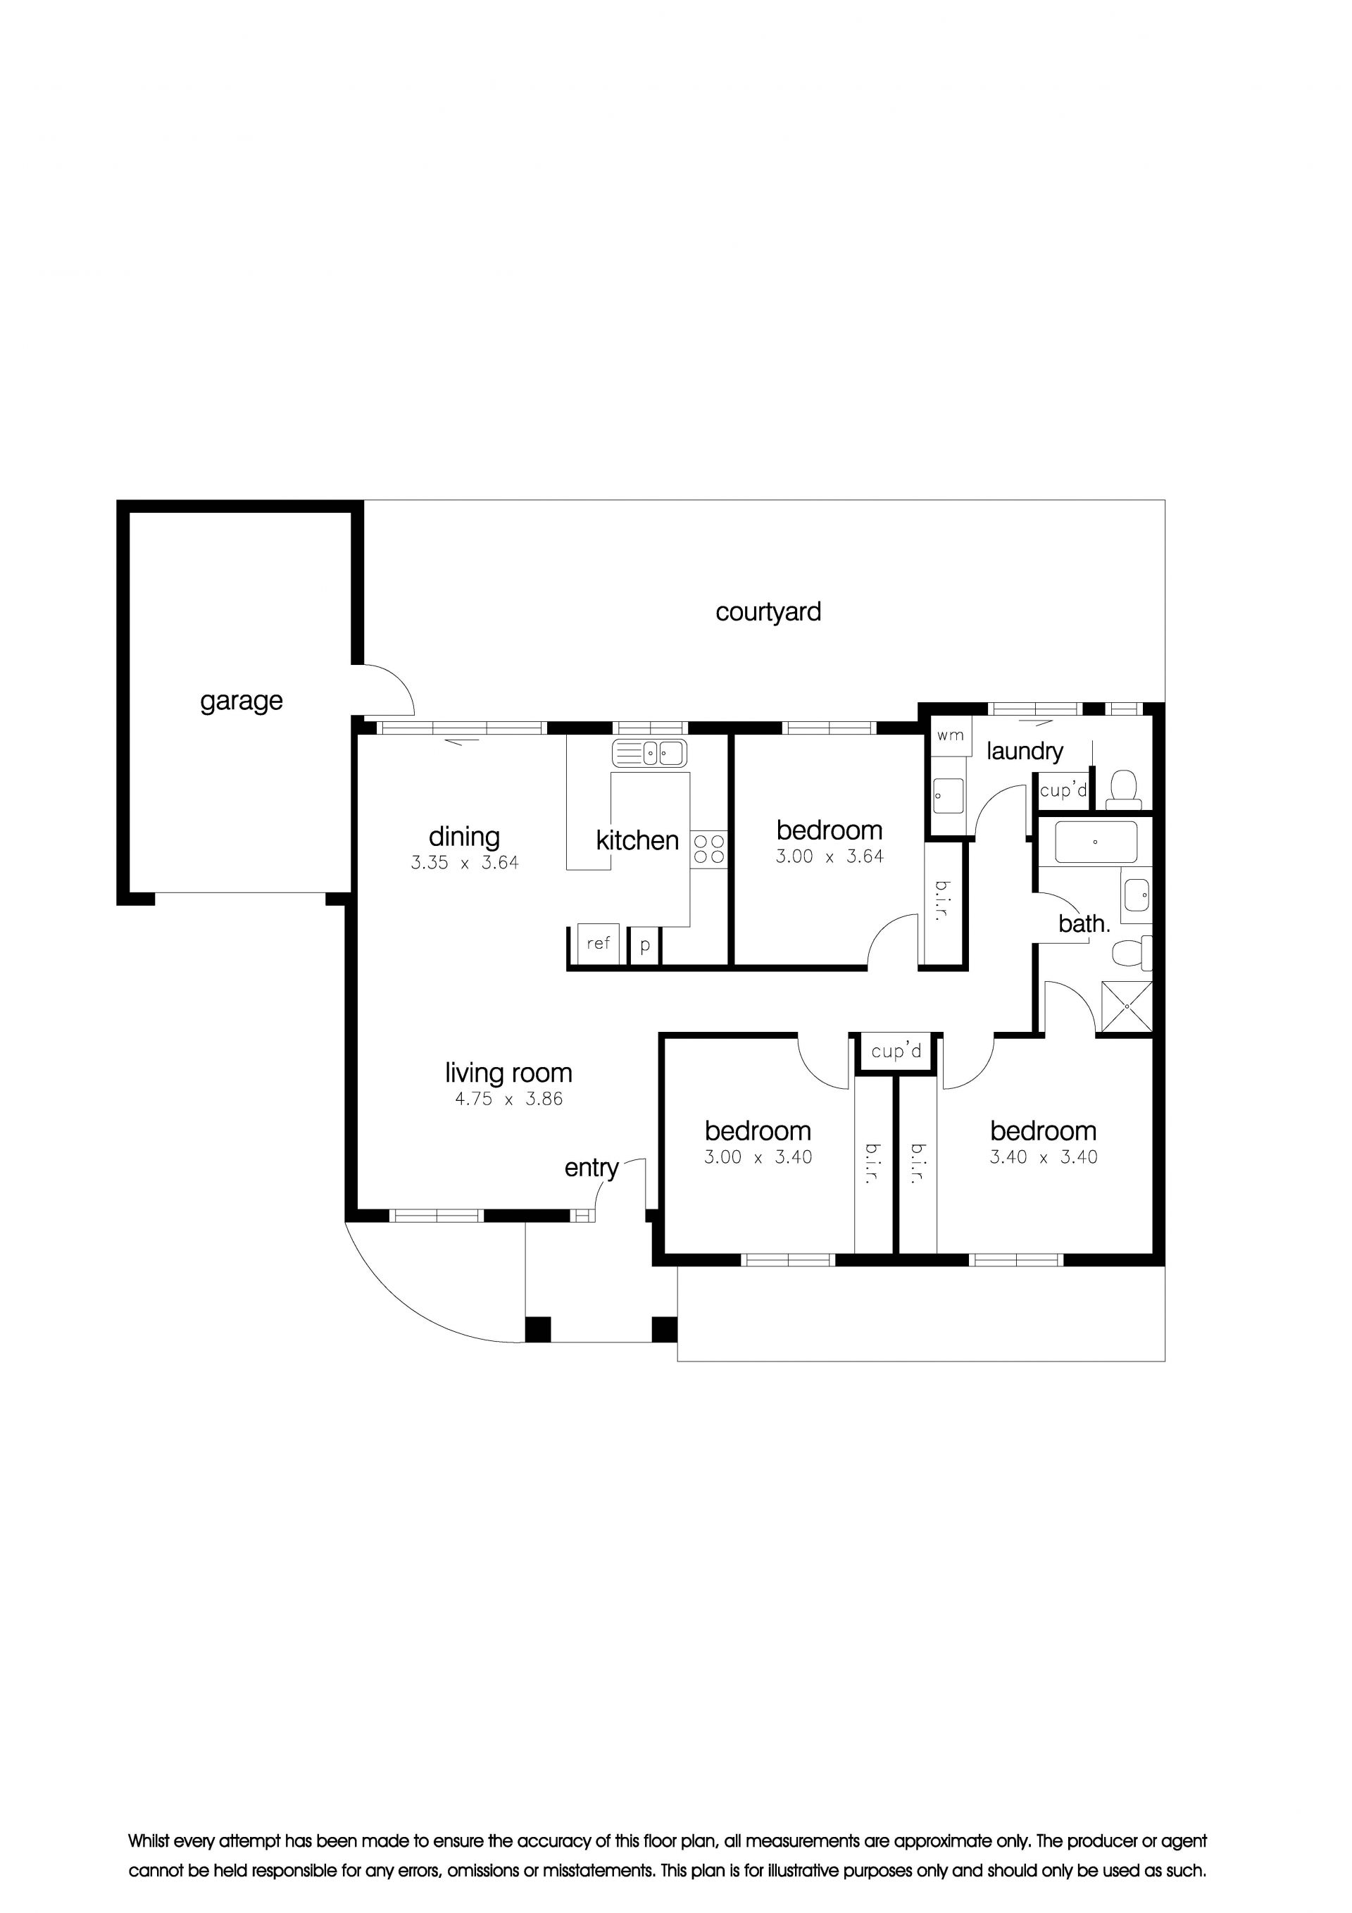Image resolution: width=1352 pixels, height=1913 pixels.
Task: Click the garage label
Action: tap(241, 702)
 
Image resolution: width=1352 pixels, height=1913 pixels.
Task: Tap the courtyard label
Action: tap(768, 612)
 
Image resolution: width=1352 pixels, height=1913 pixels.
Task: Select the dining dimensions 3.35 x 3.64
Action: tap(465, 864)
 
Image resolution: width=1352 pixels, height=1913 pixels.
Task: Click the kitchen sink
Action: tap(649, 753)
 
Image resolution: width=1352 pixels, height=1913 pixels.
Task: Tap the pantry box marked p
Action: tap(645, 946)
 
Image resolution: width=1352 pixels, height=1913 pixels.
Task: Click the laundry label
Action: tap(1025, 752)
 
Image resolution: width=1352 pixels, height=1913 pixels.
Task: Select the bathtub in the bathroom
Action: tap(1096, 842)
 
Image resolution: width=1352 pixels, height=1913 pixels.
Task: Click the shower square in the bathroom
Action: tap(1126, 1007)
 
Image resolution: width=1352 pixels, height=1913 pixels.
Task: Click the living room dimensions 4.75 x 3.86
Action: tap(509, 1099)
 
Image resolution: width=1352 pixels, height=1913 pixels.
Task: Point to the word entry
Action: tap(591, 1168)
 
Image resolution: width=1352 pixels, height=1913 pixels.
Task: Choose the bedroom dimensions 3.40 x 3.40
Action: tap(1044, 1157)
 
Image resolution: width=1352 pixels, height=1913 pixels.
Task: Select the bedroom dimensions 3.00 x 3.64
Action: tap(830, 856)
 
